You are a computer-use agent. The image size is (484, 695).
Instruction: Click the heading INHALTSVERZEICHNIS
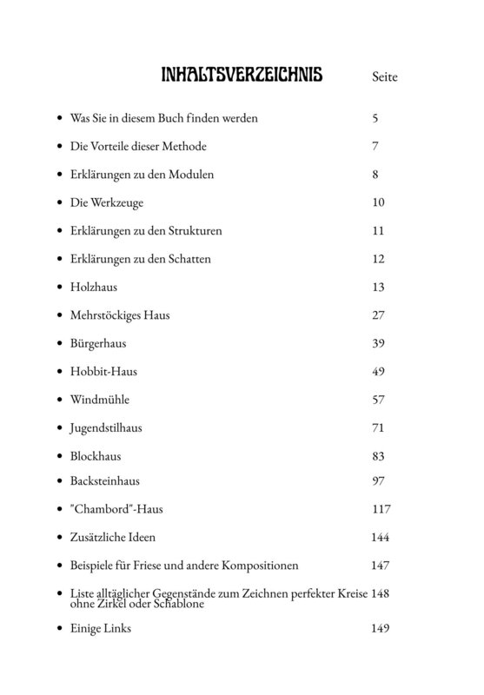point(242,76)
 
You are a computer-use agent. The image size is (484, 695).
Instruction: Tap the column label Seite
point(384,77)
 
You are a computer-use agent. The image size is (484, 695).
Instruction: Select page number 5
point(375,117)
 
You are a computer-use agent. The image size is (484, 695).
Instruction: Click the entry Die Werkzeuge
point(106,202)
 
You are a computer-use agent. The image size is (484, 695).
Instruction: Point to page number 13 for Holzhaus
point(377,287)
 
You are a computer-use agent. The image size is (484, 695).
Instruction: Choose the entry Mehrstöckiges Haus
point(120,315)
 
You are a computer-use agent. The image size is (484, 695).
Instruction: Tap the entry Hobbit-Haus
point(103,372)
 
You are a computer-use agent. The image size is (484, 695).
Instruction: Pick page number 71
point(377,428)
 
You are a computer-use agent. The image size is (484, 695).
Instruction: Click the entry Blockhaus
point(96,456)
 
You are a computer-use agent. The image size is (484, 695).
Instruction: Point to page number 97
point(378,480)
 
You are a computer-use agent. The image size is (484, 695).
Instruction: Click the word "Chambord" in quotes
point(99,509)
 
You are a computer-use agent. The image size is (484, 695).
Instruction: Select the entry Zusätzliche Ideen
point(113,538)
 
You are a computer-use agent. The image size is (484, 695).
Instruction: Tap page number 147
point(380,566)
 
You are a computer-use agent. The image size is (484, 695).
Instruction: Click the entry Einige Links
point(101,628)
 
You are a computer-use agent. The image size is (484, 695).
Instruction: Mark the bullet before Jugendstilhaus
point(58,429)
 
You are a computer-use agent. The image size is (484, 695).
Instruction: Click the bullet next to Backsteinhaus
point(58,481)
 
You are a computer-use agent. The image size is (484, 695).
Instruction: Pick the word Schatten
point(189,259)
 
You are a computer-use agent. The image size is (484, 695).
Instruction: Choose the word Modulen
point(192,175)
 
